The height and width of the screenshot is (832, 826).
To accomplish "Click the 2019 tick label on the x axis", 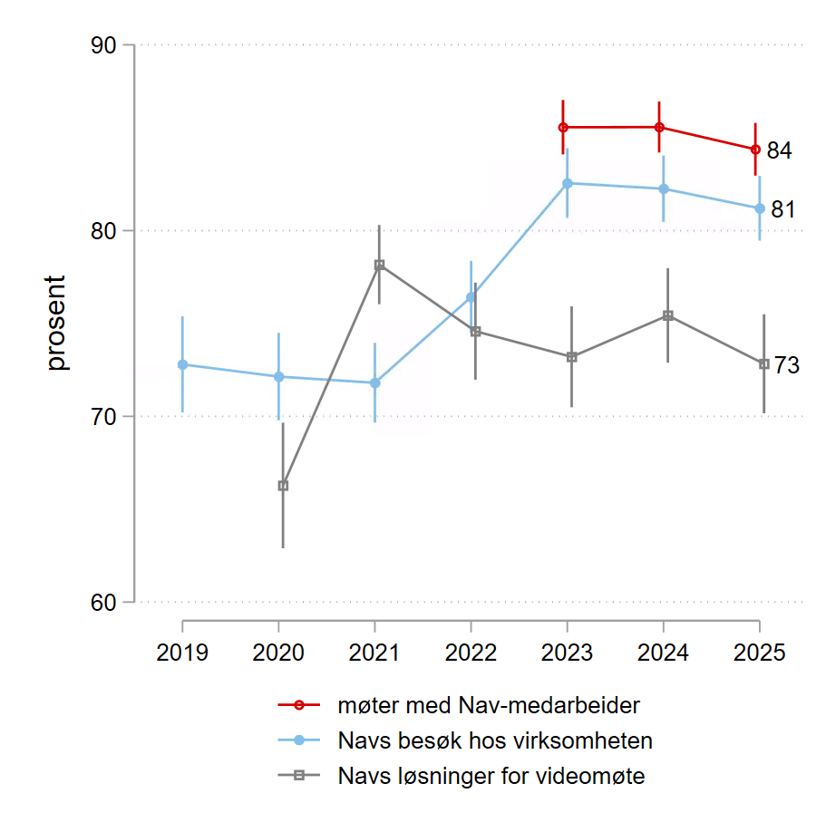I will tap(182, 653).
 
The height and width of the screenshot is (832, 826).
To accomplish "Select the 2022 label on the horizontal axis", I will tap(471, 653).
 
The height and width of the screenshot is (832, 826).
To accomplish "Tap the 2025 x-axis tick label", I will tap(759, 653).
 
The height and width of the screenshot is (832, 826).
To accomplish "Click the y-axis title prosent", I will tap(57, 324).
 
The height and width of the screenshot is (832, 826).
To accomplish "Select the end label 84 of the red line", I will tap(780, 151).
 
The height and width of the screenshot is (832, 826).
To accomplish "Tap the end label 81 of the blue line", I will tap(783, 210).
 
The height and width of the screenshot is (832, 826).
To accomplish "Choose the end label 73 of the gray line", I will tap(786, 366).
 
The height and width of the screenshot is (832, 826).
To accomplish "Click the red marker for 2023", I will tap(563, 128).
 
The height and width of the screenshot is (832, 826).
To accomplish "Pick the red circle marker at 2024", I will tap(659, 128).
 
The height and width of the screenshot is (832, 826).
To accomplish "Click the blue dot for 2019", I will tap(182, 364).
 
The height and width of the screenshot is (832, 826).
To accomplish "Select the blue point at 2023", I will tap(568, 183).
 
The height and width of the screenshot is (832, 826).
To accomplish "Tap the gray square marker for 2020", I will tap(283, 486).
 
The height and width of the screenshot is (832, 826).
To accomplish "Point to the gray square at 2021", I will tap(379, 265).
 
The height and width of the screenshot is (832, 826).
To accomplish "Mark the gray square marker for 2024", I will tap(668, 315).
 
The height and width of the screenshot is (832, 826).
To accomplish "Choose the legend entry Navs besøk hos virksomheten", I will tap(495, 740).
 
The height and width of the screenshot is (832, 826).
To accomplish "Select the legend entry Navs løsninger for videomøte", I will tap(491, 776).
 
